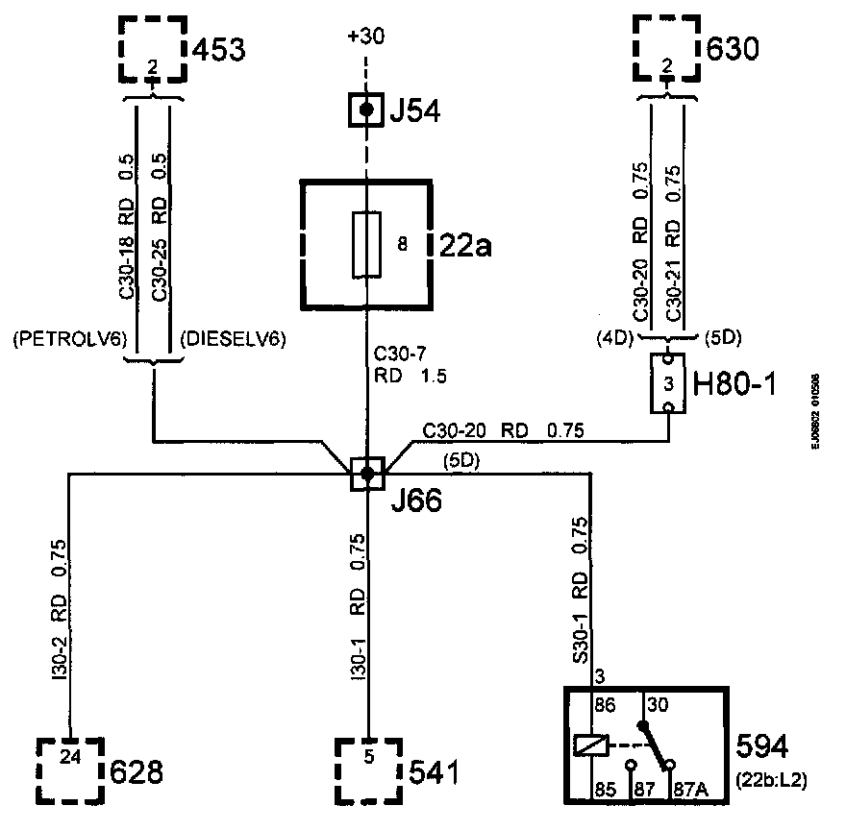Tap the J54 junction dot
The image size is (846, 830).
366,111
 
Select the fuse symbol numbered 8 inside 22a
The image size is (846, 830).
366,245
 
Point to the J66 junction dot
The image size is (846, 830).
366,473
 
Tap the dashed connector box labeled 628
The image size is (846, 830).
70,769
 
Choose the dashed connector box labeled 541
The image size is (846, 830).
368,769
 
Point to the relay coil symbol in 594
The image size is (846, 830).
587,745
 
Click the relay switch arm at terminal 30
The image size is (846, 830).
654,745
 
